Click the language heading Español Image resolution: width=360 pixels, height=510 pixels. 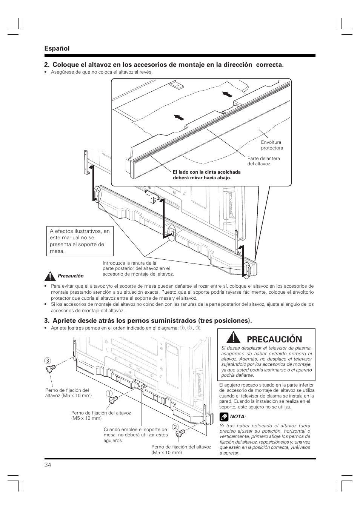[57, 48]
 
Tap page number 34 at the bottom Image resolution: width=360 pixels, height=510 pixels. [48, 465]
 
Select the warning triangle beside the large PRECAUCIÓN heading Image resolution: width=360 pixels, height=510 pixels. [234, 337]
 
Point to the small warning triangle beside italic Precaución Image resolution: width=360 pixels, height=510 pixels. [49, 276]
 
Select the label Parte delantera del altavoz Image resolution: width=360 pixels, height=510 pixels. [263, 161]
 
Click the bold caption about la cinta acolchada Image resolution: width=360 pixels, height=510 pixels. [206, 175]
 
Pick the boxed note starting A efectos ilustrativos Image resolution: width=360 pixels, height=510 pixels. [80, 241]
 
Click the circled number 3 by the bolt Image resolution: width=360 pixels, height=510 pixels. [48, 361]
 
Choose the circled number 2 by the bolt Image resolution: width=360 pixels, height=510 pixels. [175, 427]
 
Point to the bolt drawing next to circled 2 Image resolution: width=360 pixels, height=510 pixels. [181, 433]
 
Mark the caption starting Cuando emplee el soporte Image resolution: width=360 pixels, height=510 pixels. [135, 435]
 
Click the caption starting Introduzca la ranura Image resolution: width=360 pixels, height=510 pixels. [138, 268]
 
